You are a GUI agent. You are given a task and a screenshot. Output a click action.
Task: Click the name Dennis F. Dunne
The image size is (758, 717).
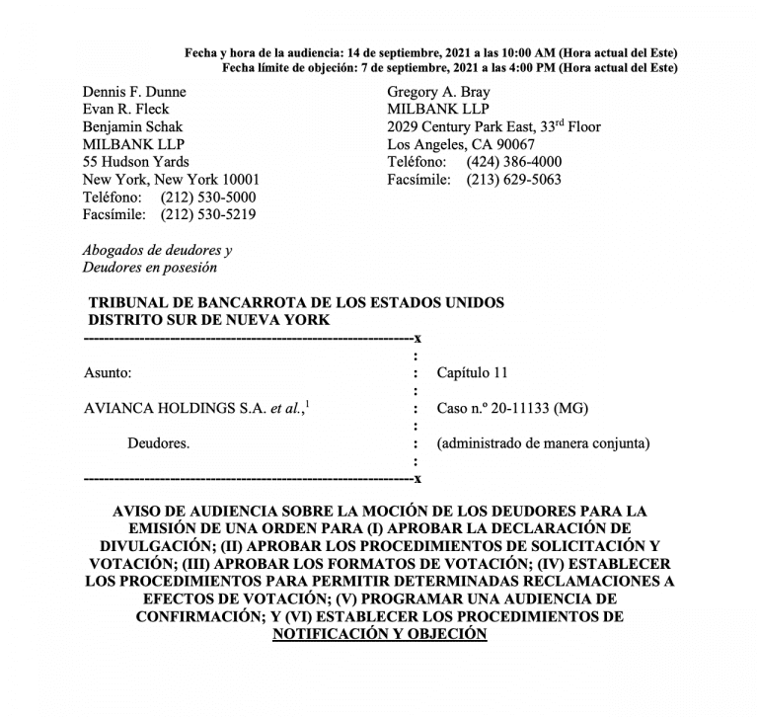coord(134,92)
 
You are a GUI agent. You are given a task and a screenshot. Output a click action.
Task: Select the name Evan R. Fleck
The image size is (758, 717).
coord(126,110)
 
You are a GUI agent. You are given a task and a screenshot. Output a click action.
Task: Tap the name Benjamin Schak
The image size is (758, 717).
coord(133,127)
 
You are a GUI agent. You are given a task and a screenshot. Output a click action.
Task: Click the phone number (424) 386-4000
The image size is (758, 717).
coord(514,162)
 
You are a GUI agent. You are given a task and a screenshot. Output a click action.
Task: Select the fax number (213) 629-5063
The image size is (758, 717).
coord(514,180)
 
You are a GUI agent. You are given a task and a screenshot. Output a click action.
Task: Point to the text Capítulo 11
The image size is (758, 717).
coord(473,373)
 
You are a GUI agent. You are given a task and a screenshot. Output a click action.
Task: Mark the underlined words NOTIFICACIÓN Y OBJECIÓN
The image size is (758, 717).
coord(380,635)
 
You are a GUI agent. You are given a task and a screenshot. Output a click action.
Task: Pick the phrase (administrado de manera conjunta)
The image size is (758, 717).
coord(544,443)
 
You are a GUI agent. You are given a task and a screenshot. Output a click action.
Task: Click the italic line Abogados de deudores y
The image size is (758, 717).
coord(158,251)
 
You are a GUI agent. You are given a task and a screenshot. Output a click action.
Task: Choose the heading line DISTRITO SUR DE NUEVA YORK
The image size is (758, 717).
coord(209,320)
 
